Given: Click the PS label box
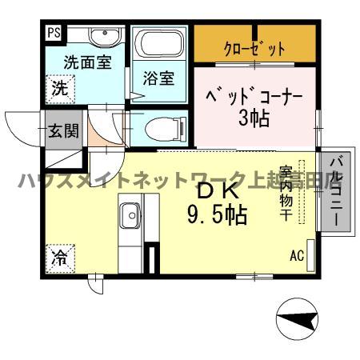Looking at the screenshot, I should click(54, 33).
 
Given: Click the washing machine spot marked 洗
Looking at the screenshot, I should click(60, 89).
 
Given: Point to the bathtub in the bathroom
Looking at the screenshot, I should click(158, 46).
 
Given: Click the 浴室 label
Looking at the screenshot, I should click(158, 78).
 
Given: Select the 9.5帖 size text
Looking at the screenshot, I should click(216, 214).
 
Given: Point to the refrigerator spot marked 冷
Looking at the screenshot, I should click(60, 258).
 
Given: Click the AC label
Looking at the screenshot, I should click(296, 256).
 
